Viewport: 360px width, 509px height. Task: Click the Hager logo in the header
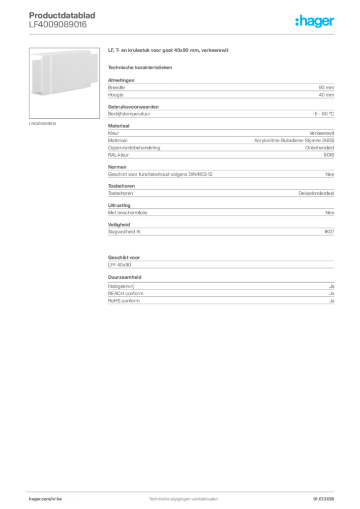tap(314, 21)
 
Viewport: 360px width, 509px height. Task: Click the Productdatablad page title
tap(62, 15)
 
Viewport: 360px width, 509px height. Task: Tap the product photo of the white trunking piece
tap(64, 83)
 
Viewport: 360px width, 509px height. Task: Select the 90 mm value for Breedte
tap(326, 87)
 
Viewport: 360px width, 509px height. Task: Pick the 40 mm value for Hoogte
tap(326, 95)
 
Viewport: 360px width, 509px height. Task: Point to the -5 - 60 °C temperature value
tap(323, 114)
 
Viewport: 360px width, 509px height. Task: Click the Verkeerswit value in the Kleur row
tap(321, 133)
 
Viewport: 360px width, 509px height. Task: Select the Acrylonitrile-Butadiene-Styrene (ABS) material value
tap(294, 141)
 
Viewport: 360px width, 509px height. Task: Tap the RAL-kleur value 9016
tap(329, 155)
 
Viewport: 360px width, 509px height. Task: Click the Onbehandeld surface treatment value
tap(319, 148)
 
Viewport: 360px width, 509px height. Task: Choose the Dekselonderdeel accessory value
tap(316, 193)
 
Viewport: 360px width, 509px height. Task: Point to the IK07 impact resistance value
tap(329, 232)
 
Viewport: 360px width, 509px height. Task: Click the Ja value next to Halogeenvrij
tap(332, 286)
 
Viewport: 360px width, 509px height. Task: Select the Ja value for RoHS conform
tap(332, 301)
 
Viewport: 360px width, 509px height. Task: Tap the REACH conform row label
tap(126, 293)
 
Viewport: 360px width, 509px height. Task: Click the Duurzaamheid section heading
tap(125, 277)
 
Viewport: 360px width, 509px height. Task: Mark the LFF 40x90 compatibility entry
tap(119, 265)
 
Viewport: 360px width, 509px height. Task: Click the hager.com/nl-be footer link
tap(45, 499)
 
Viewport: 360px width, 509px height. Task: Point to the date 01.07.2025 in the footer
tap(324, 499)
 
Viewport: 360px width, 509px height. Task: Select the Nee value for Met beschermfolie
tap(330, 213)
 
